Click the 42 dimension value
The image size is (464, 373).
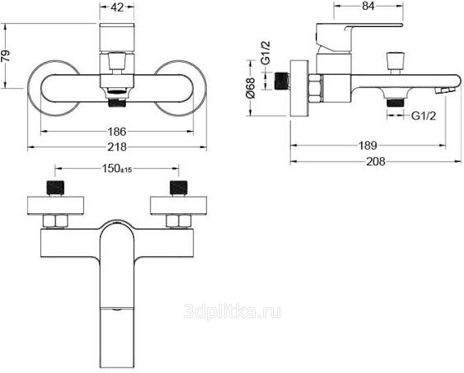coord(117,8)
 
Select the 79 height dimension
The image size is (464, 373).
coord(6,55)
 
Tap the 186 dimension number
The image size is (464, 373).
coord(117,132)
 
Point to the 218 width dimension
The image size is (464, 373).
coord(117,146)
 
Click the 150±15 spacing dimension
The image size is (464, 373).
coord(117,169)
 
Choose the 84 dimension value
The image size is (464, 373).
coord(368,6)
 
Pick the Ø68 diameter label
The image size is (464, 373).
coord(250,88)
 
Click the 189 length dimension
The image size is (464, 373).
coord(368,145)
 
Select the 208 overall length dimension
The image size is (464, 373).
coord(376,161)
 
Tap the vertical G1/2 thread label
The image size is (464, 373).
coord(266,53)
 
